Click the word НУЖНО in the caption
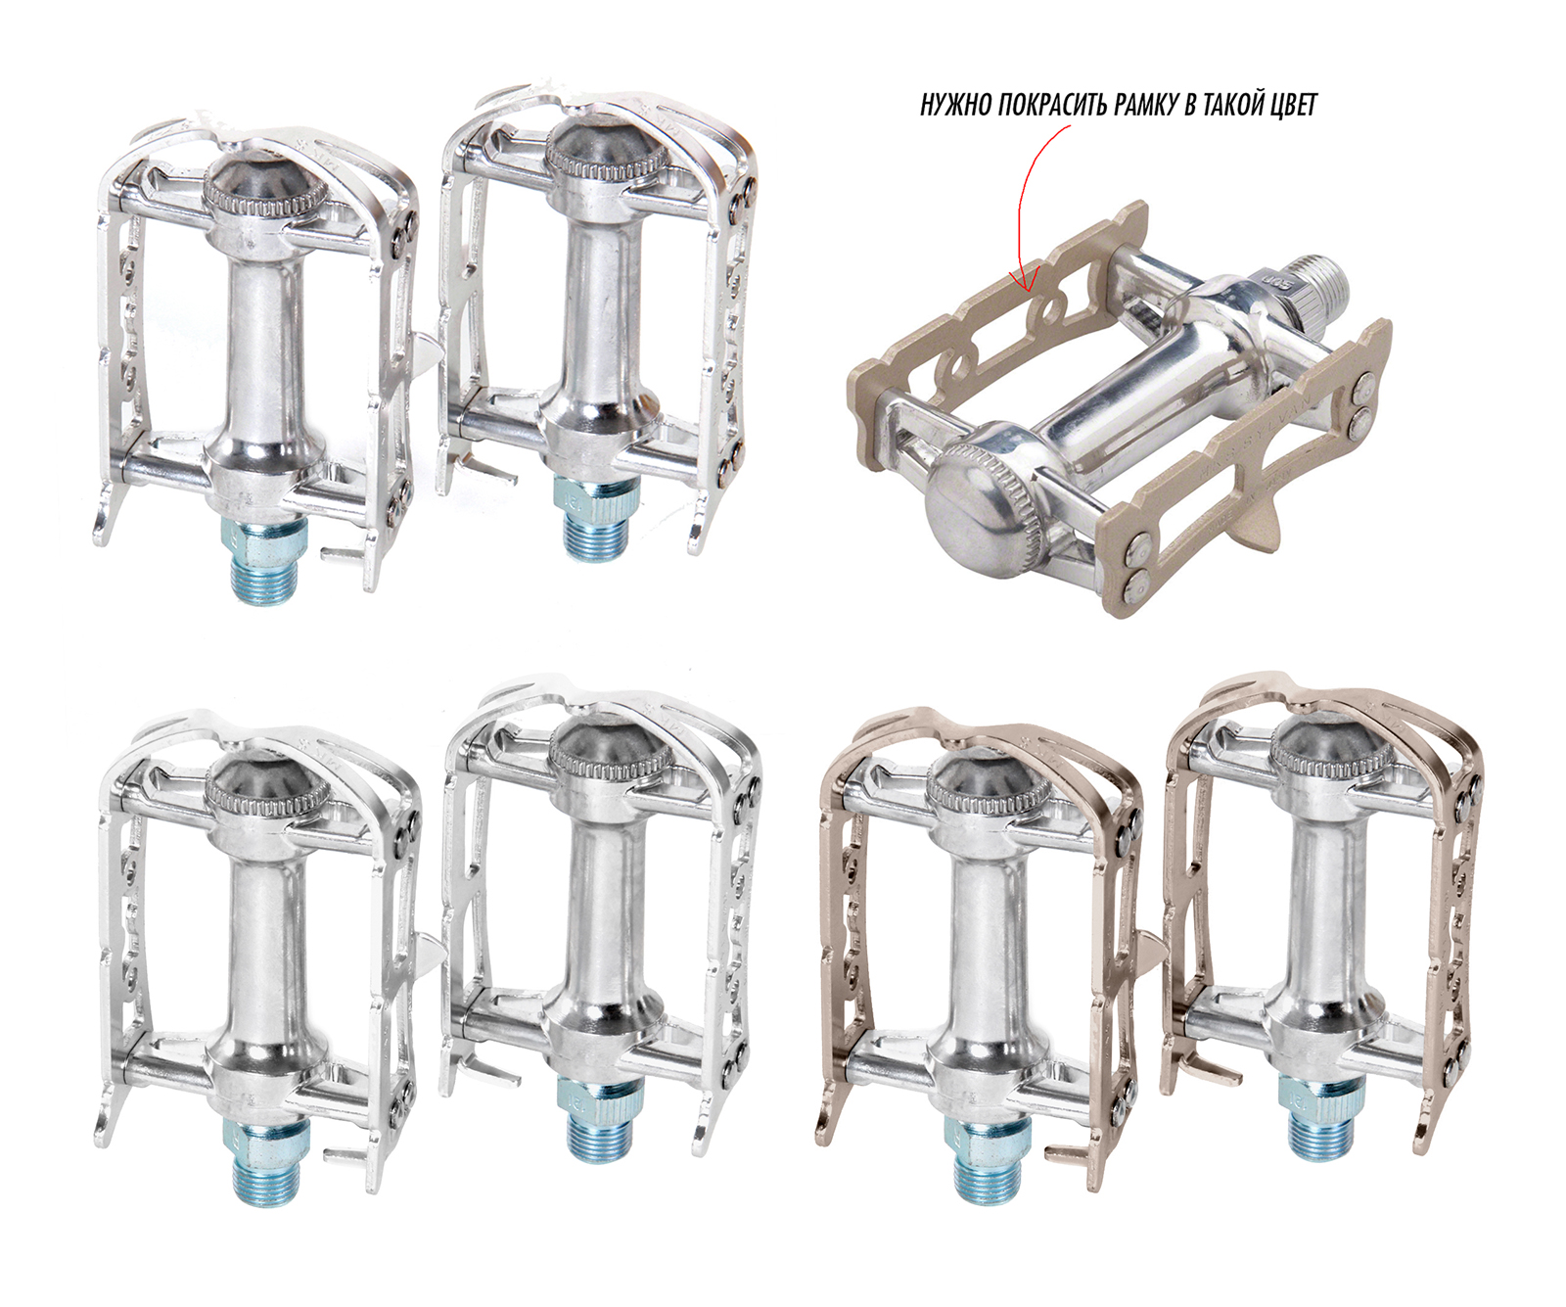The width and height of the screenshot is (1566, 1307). tap(956, 105)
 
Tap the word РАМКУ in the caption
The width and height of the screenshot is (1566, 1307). tap(1145, 105)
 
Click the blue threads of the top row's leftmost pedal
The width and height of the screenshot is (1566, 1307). tap(268, 562)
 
